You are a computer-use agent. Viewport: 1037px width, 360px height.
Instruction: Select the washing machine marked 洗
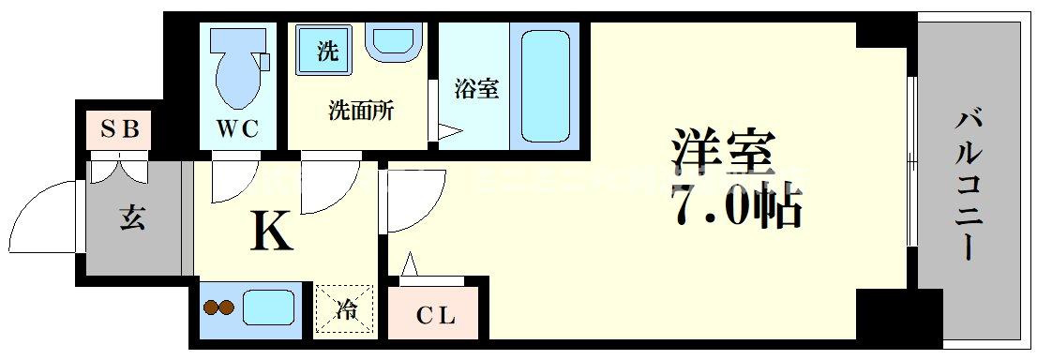[x=325, y=51]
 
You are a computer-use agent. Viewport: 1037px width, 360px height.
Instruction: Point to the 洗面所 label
[x=361, y=111]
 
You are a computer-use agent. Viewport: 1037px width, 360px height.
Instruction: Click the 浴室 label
[x=476, y=89]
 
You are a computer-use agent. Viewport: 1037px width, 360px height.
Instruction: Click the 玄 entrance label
[x=133, y=217]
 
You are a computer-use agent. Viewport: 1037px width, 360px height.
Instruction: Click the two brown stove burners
[x=218, y=308]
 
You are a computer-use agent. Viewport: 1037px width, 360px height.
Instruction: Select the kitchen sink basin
[x=269, y=308]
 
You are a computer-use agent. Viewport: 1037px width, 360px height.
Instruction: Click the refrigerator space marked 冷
[x=344, y=309]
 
